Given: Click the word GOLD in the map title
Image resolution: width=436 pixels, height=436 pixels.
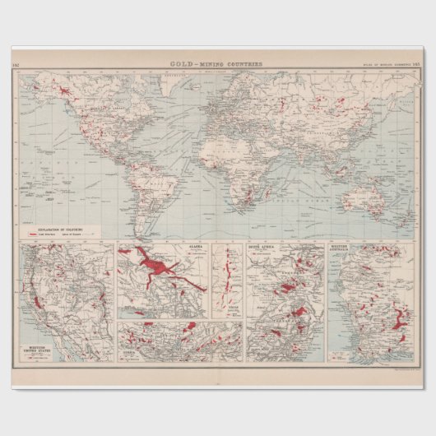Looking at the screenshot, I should (179, 63).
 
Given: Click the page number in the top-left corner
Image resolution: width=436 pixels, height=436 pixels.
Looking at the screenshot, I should (16, 63).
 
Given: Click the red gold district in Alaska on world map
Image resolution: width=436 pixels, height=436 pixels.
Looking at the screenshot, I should (64, 93).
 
